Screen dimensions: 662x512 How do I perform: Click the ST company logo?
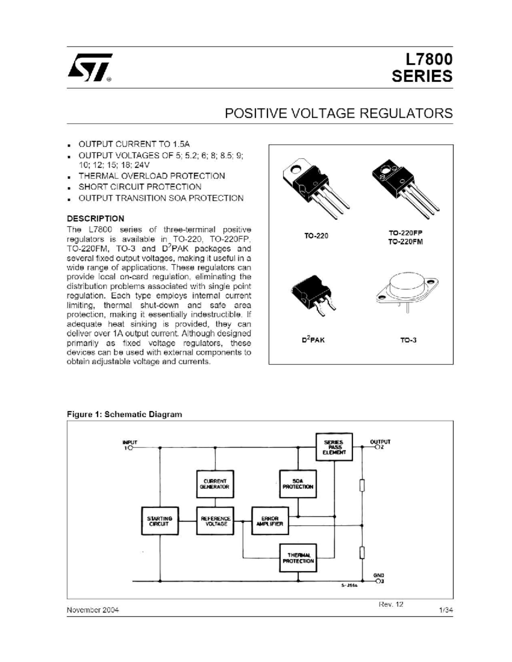pyautogui.click(x=89, y=67)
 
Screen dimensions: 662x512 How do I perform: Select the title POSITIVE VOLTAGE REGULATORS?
pyautogui.click(x=338, y=113)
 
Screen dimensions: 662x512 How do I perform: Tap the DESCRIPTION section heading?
pyautogui.click(x=96, y=219)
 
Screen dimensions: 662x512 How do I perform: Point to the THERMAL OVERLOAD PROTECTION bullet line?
pyautogui.click(x=151, y=176)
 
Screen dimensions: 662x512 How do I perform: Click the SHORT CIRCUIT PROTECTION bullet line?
pyautogui.click(x=140, y=187)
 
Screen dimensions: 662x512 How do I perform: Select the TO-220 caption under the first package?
pyautogui.click(x=316, y=236)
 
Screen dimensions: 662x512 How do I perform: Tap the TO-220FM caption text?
pyautogui.click(x=405, y=242)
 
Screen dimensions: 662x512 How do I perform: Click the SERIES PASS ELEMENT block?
pyautogui.click(x=334, y=447)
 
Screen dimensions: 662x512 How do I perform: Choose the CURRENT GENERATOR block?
pyautogui.click(x=215, y=484)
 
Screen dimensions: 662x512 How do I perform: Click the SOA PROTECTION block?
pyautogui.click(x=298, y=484)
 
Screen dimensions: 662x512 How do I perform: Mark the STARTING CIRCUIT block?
pyautogui.click(x=160, y=521)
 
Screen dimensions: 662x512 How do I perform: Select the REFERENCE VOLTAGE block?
pyautogui.click(x=215, y=521)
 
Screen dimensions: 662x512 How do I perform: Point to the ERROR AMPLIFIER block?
pyautogui.click(x=270, y=521)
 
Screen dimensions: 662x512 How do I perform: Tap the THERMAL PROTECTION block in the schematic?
pyautogui.click(x=298, y=558)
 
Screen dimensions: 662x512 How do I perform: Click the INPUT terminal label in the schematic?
pyautogui.click(x=130, y=442)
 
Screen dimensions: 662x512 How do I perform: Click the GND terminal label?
pyautogui.click(x=378, y=575)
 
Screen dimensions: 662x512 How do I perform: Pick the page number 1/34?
pyautogui.click(x=446, y=610)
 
